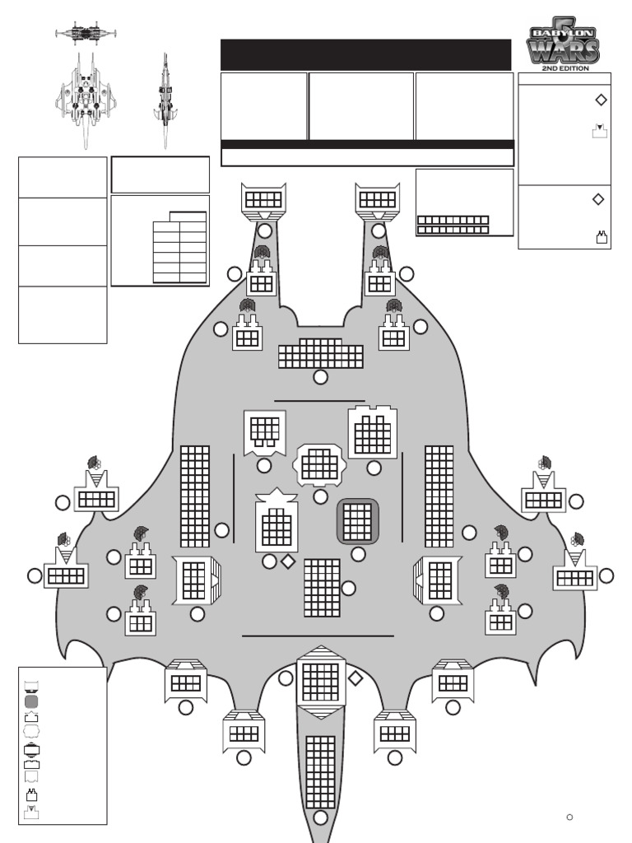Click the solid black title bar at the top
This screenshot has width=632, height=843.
(365, 54)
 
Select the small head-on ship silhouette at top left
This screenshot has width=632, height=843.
(86, 33)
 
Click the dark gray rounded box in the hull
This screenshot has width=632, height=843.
(357, 521)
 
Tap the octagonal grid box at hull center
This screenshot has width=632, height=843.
(320, 466)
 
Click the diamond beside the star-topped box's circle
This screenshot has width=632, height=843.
(288, 561)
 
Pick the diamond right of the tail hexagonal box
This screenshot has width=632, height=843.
(355, 678)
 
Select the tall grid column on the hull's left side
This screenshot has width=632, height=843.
(195, 496)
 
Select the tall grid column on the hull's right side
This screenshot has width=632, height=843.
(439, 496)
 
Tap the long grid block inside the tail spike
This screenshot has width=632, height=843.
(320, 771)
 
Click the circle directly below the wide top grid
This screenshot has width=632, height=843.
(320, 377)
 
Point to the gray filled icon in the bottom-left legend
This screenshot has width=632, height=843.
(32, 701)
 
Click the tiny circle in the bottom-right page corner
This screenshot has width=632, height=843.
(569, 817)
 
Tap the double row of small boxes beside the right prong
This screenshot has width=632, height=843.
(453, 225)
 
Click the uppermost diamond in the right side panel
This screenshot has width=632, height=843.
(601, 100)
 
